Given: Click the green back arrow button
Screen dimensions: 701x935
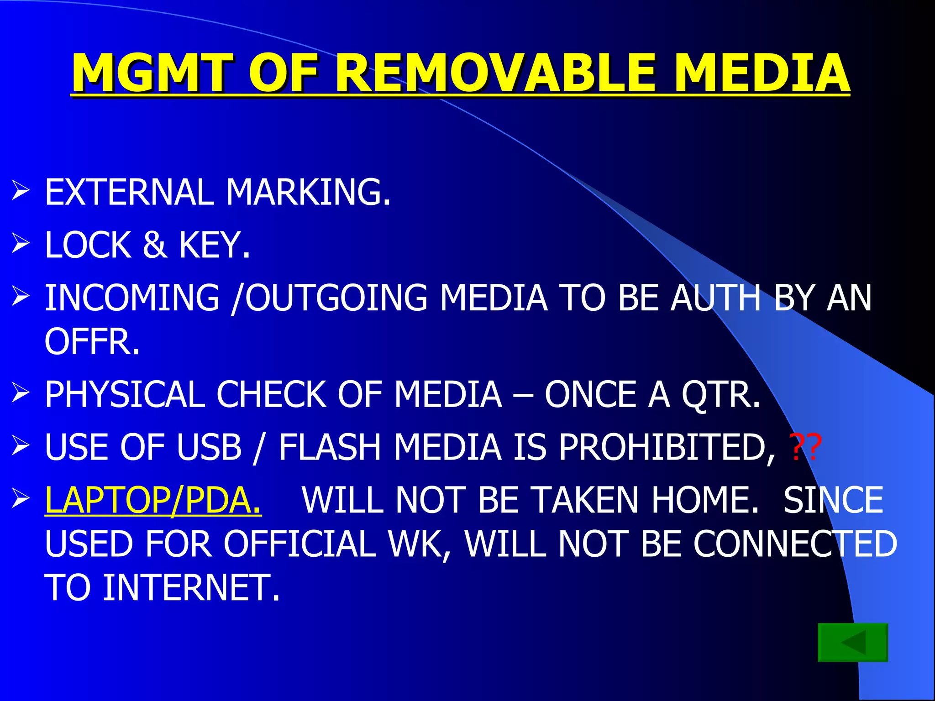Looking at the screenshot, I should click(x=852, y=642).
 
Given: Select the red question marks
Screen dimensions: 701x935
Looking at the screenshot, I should click(x=805, y=447).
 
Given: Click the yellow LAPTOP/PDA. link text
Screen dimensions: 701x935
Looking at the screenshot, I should click(x=153, y=500).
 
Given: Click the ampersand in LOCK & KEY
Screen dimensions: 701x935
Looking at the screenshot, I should click(x=154, y=245).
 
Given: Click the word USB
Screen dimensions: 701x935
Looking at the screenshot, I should click(x=209, y=447).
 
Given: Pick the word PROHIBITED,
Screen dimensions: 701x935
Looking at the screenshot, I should click(x=667, y=447).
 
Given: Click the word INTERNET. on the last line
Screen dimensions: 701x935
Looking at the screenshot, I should click(x=191, y=588).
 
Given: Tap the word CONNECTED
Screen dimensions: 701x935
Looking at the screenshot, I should click(x=795, y=544).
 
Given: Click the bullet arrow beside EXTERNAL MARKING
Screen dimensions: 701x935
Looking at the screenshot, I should click(x=21, y=190).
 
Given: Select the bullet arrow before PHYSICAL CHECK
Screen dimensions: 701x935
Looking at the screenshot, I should click(x=21, y=393).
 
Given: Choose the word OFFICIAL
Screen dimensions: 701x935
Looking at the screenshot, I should click(x=299, y=544).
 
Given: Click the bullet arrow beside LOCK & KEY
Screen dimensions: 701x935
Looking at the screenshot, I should click(x=21, y=243).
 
